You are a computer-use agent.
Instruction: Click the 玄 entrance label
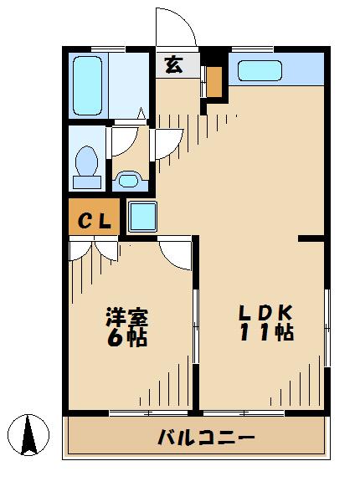tap(172, 65)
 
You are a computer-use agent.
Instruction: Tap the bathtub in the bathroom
tap(87, 85)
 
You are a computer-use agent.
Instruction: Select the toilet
tap(86, 166)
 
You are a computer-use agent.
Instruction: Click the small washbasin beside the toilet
tap(127, 178)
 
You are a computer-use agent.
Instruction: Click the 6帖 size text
tap(126, 339)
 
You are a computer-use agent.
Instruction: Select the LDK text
tap(266, 312)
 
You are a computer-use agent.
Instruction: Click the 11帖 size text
tap(266, 333)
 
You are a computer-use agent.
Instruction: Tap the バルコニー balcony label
tap(205, 438)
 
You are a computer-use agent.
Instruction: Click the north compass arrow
tap(31, 433)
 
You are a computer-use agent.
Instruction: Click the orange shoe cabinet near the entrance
tap(214, 81)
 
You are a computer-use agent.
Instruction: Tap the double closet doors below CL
tap(95, 249)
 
